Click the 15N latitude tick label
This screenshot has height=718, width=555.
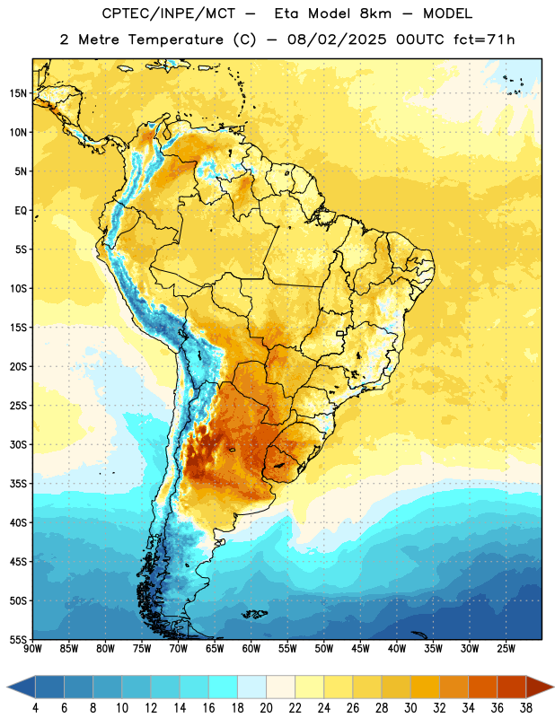(18, 93)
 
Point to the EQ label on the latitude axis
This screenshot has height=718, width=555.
(21, 211)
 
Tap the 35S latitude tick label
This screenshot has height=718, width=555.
(18, 484)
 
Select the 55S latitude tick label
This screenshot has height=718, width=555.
(18, 639)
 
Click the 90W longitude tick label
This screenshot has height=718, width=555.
(32, 649)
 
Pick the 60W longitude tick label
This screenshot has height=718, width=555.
(251, 649)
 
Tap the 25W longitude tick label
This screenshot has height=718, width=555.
(506, 649)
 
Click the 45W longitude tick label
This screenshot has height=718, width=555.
(360, 649)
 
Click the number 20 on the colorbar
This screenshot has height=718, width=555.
(266, 708)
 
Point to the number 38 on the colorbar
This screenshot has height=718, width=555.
(525, 708)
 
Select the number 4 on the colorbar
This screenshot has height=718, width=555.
(35, 708)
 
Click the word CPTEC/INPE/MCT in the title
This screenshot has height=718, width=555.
(169, 13)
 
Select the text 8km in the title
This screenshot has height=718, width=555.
(375, 13)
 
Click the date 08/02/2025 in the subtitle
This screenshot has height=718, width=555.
(337, 39)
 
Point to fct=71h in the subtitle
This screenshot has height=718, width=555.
(484, 39)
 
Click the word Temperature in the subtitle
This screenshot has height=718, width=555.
(175, 39)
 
